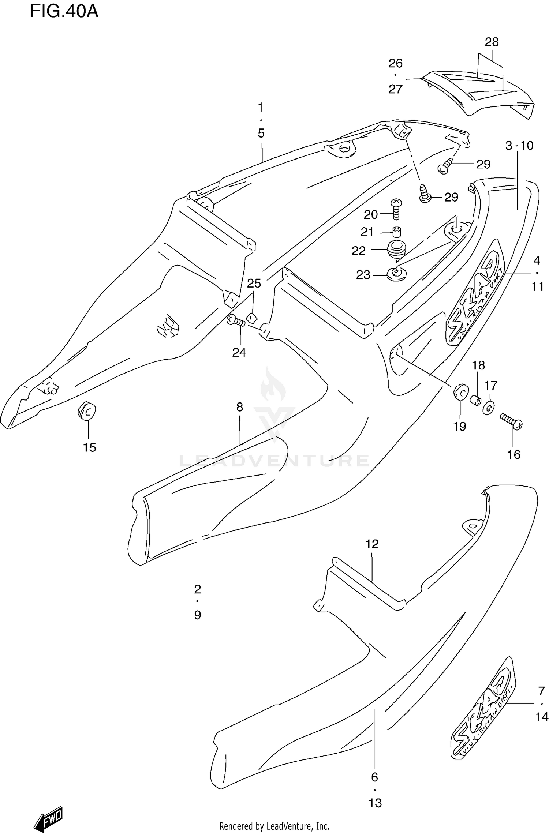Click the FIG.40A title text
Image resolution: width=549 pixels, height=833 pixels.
click(x=64, y=12)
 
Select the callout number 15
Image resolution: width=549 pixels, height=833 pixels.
click(x=89, y=447)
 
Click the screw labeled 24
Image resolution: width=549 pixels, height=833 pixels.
click(x=236, y=321)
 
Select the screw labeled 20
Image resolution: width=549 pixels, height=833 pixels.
click(x=396, y=209)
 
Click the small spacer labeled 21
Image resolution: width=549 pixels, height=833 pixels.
click(x=396, y=232)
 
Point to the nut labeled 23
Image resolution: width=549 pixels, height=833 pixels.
click(x=396, y=274)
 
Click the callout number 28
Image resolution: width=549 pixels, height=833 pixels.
click(x=492, y=42)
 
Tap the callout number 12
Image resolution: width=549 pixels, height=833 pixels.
click(x=372, y=544)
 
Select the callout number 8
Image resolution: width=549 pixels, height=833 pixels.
click(x=239, y=407)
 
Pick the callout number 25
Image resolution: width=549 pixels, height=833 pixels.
click(x=254, y=283)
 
